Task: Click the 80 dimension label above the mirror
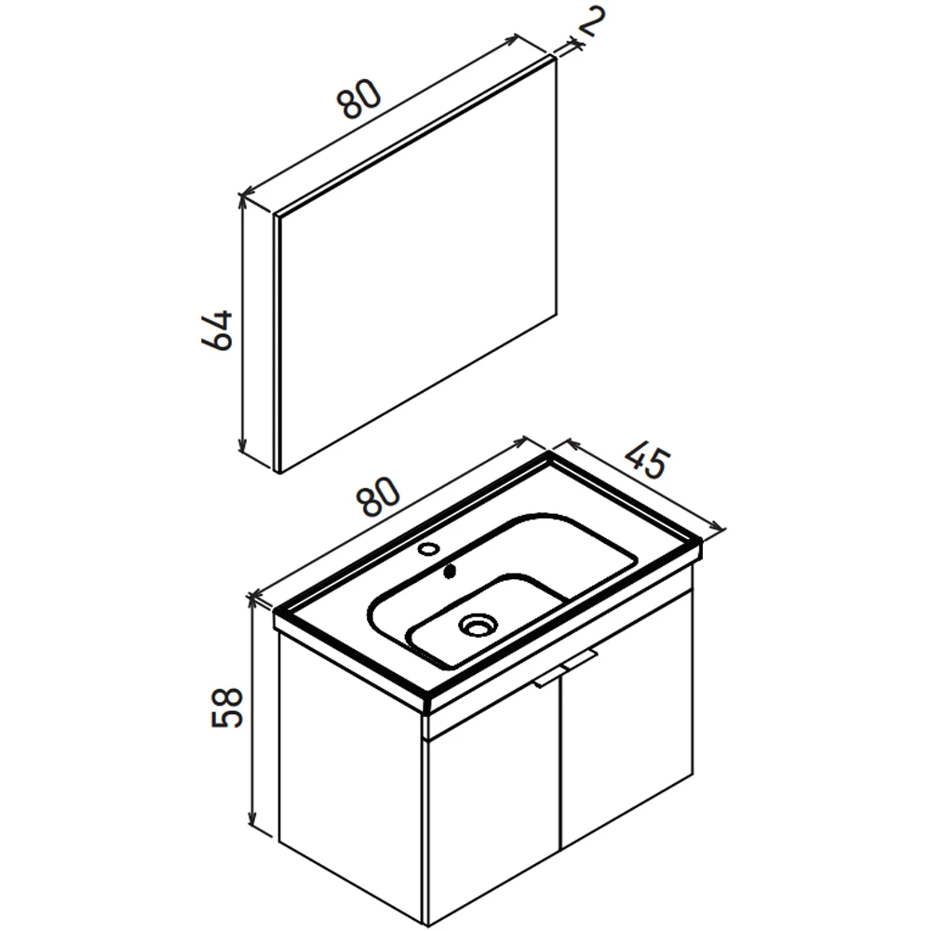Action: tap(358, 98)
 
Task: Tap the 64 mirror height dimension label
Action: tap(217, 331)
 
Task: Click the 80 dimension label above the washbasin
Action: tap(378, 496)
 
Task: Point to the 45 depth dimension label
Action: tap(647, 461)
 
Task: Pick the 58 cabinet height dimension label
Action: tap(227, 708)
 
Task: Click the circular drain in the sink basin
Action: tap(478, 625)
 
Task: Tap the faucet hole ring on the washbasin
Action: tap(427, 548)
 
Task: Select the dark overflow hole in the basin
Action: tap(450, 572)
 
